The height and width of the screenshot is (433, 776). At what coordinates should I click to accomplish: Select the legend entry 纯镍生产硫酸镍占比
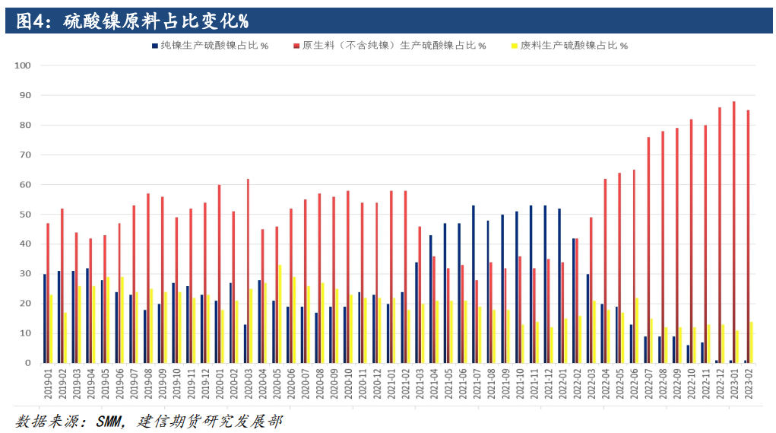(x=210, y=46)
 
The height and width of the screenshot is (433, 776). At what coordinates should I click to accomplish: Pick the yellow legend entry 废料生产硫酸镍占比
(x=573, y=46)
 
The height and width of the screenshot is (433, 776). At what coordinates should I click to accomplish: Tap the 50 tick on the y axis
(x=24, y=215)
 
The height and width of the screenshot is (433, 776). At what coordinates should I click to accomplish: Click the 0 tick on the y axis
(x=27, y=363)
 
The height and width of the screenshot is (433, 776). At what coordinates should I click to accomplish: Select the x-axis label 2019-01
(x=48, y=385)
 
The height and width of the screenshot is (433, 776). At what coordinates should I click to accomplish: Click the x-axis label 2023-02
(x=749, y=385)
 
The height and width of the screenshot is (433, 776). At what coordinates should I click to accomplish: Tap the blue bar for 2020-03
(x=244, y=343)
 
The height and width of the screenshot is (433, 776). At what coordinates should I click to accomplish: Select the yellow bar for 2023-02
(x=752, y=342)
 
